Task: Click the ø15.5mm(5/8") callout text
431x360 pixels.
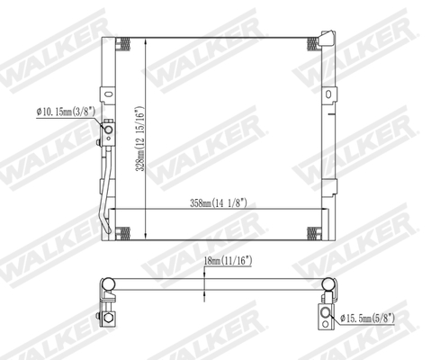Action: tap(371, 317)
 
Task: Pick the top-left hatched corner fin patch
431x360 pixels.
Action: tap(132, 45)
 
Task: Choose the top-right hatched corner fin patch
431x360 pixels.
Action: tap(310, 45)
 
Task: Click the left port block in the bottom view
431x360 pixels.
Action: tap(107, 314)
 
